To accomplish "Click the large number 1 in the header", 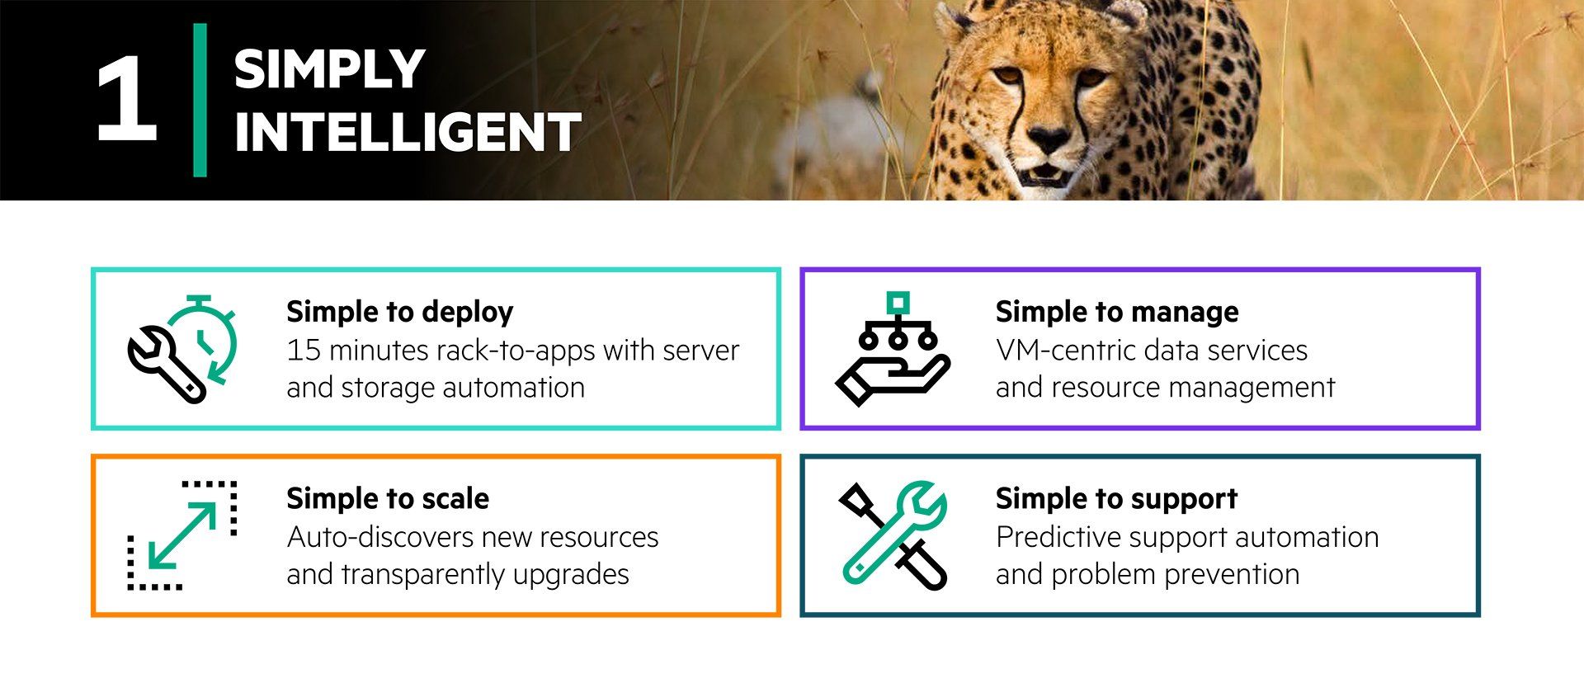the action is pos(127,100).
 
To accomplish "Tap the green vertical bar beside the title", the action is pos(200,100).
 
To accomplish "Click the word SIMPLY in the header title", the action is pos(329,69).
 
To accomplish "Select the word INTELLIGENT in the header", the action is pos(408,132).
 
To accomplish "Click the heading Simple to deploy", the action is pos(399,312).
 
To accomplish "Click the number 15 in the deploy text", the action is pos(303,351).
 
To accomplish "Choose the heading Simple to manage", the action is pos(1117,312).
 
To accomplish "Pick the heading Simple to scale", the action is pos(388,498).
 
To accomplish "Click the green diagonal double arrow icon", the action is pos(182,536).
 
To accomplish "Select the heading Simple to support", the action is pos(1116,498).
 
